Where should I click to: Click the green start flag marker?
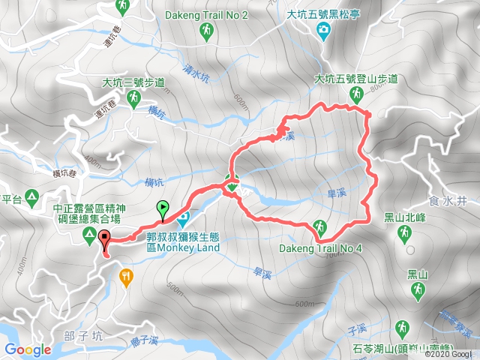pos(163,210)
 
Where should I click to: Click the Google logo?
pos(28,349)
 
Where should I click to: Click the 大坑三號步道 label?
pos(134,83)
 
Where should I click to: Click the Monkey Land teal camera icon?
pos(182,218)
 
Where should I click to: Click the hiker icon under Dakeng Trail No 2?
pos(205,31)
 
